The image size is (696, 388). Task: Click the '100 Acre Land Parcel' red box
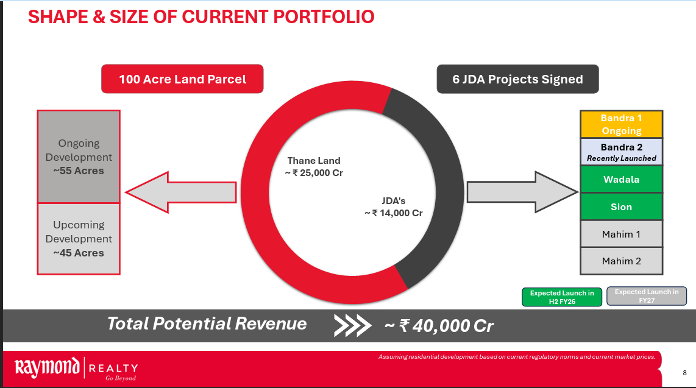point(182,79)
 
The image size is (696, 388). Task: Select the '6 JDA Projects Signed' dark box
point(517,79)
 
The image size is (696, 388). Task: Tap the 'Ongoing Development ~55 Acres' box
point(79,157)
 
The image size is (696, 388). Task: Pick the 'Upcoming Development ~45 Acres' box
point(79,239)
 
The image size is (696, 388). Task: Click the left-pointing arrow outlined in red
point(180,192)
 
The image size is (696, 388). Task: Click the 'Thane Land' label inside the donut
point(314,161)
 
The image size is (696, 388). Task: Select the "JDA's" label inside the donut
point(394,201)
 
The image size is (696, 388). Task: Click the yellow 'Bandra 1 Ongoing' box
point(622,124)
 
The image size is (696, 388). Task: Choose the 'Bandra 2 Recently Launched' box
point(622,152)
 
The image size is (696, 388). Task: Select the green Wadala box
point(622,179)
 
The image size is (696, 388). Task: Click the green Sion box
point(622,206)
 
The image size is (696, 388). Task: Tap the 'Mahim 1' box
point(622,234)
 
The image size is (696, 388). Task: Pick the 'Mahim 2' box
point(622,261)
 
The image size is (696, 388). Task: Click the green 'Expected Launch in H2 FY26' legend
point(562,297)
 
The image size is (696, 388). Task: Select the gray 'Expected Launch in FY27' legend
point(647,296)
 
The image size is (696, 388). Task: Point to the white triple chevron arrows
point(352,326)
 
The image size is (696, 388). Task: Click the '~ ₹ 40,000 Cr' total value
point(439,326)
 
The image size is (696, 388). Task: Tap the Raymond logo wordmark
point(47,368)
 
